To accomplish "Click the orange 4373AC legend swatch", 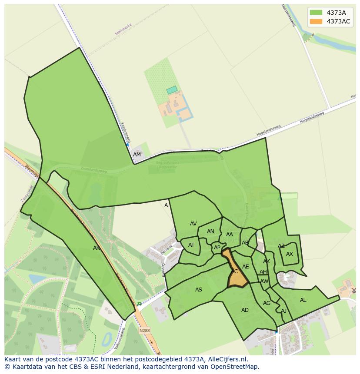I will pyautogui.click(x=316, y=21).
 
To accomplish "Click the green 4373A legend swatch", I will pyautogui.click(x=316, y=13).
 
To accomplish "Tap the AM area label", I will pyautogui.click(x=137, y=155).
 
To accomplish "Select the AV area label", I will pyautogui.click(x=193, y=224).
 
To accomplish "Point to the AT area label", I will pyautogui.click(x=191, y=245).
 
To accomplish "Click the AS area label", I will pyautogui.click(x=199, y=290).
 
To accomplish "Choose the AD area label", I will pyautogui.click(x=245, y=310).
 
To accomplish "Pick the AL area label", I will pyautogui.click(x=303, y=300).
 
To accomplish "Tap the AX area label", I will pyautogui.click(x=290, y=254).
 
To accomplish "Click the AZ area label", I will pyautogui.click(x=281, y=246).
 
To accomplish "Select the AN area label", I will pyautogui.click(x=210, y=232).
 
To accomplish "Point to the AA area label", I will pyautogui.click(x=230, y=235).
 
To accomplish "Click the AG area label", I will pyautogui.click(x=267, y=303).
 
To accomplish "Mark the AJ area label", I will pyautogui.click(x=283, y=311).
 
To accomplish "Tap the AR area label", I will pyautogui.click(x=97, y=248).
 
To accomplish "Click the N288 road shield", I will pyautogui.click(x=144, y=331).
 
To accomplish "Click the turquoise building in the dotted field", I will pyautogui.click(x=172, y=90).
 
